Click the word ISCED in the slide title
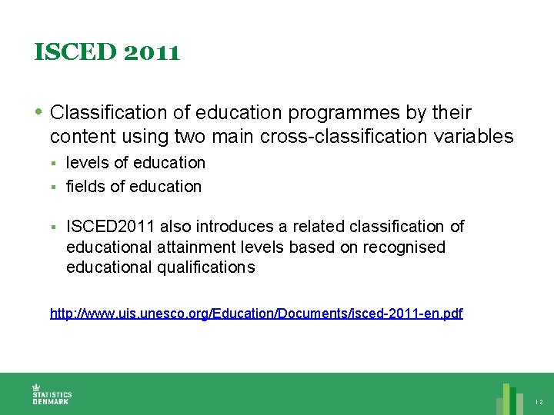[68, 52]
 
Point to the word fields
[85, 186]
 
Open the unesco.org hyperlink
[256, 314]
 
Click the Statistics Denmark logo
[51, 393]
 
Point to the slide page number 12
[539, 402]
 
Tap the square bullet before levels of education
[54, 163]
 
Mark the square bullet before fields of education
[54, 187]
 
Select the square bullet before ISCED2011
[54, 227]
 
